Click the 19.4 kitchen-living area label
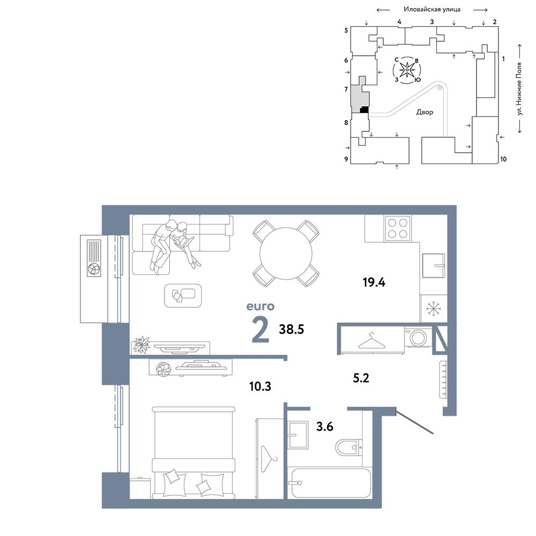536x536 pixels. (374, 282)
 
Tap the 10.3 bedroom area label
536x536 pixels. (260, 386)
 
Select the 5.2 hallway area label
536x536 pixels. (361, 378)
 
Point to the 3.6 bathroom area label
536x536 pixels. (324, 427)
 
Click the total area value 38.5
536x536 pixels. (291, 329)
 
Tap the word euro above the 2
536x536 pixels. (260, 306)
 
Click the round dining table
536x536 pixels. (286, 254)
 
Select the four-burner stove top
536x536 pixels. (398, 228)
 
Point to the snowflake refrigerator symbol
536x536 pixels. (434, 309)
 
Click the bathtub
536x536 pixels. (331, 483)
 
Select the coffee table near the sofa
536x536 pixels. (183, 295)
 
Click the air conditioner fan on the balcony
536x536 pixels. (94, 270)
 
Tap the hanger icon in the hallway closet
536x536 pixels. (371, 341)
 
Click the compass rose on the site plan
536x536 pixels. (407, 70)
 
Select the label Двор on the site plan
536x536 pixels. (425, 112)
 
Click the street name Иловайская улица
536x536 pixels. (431, 9)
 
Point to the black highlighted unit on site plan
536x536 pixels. (364, 110)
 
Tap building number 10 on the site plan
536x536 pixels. (503, 159)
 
